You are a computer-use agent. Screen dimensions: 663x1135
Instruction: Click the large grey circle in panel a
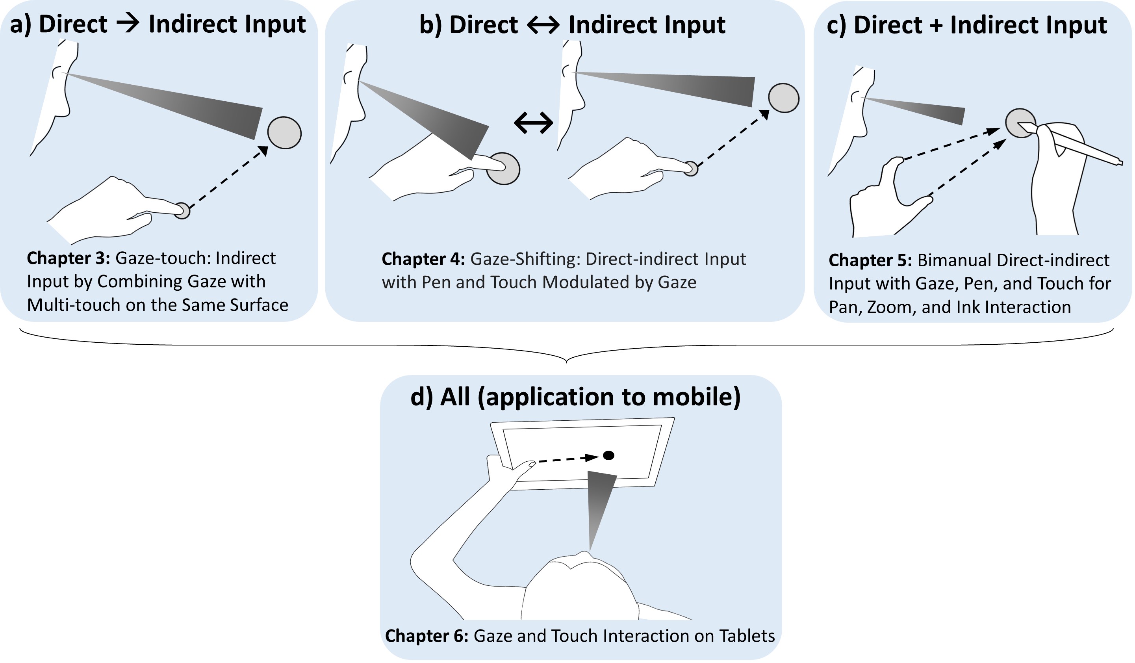click(x=284, y=132)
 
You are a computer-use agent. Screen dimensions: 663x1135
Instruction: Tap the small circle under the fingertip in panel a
click(x=182, y=210)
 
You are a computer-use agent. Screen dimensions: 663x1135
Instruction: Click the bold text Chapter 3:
click(x=68, y=258)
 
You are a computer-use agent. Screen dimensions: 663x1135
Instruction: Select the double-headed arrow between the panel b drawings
click(x=533, y=122)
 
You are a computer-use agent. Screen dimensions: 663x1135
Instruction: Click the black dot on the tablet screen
click(x=608, y=455)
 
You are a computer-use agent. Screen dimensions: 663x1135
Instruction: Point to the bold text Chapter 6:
click(x=427, y=635)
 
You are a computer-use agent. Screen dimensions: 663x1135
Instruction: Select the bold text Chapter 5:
click(x=870, y=260)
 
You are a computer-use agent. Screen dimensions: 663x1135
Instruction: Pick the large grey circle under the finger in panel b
click(x=503, y=169)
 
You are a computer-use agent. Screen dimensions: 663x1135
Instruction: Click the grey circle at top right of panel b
click(x=783, y=98)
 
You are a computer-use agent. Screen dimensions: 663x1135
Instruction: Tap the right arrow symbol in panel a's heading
click(x=128, y=24)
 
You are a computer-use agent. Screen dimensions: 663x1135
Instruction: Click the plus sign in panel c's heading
click(x=935, y=25)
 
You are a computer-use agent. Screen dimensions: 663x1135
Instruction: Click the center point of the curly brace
click(x=566, y=360)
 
